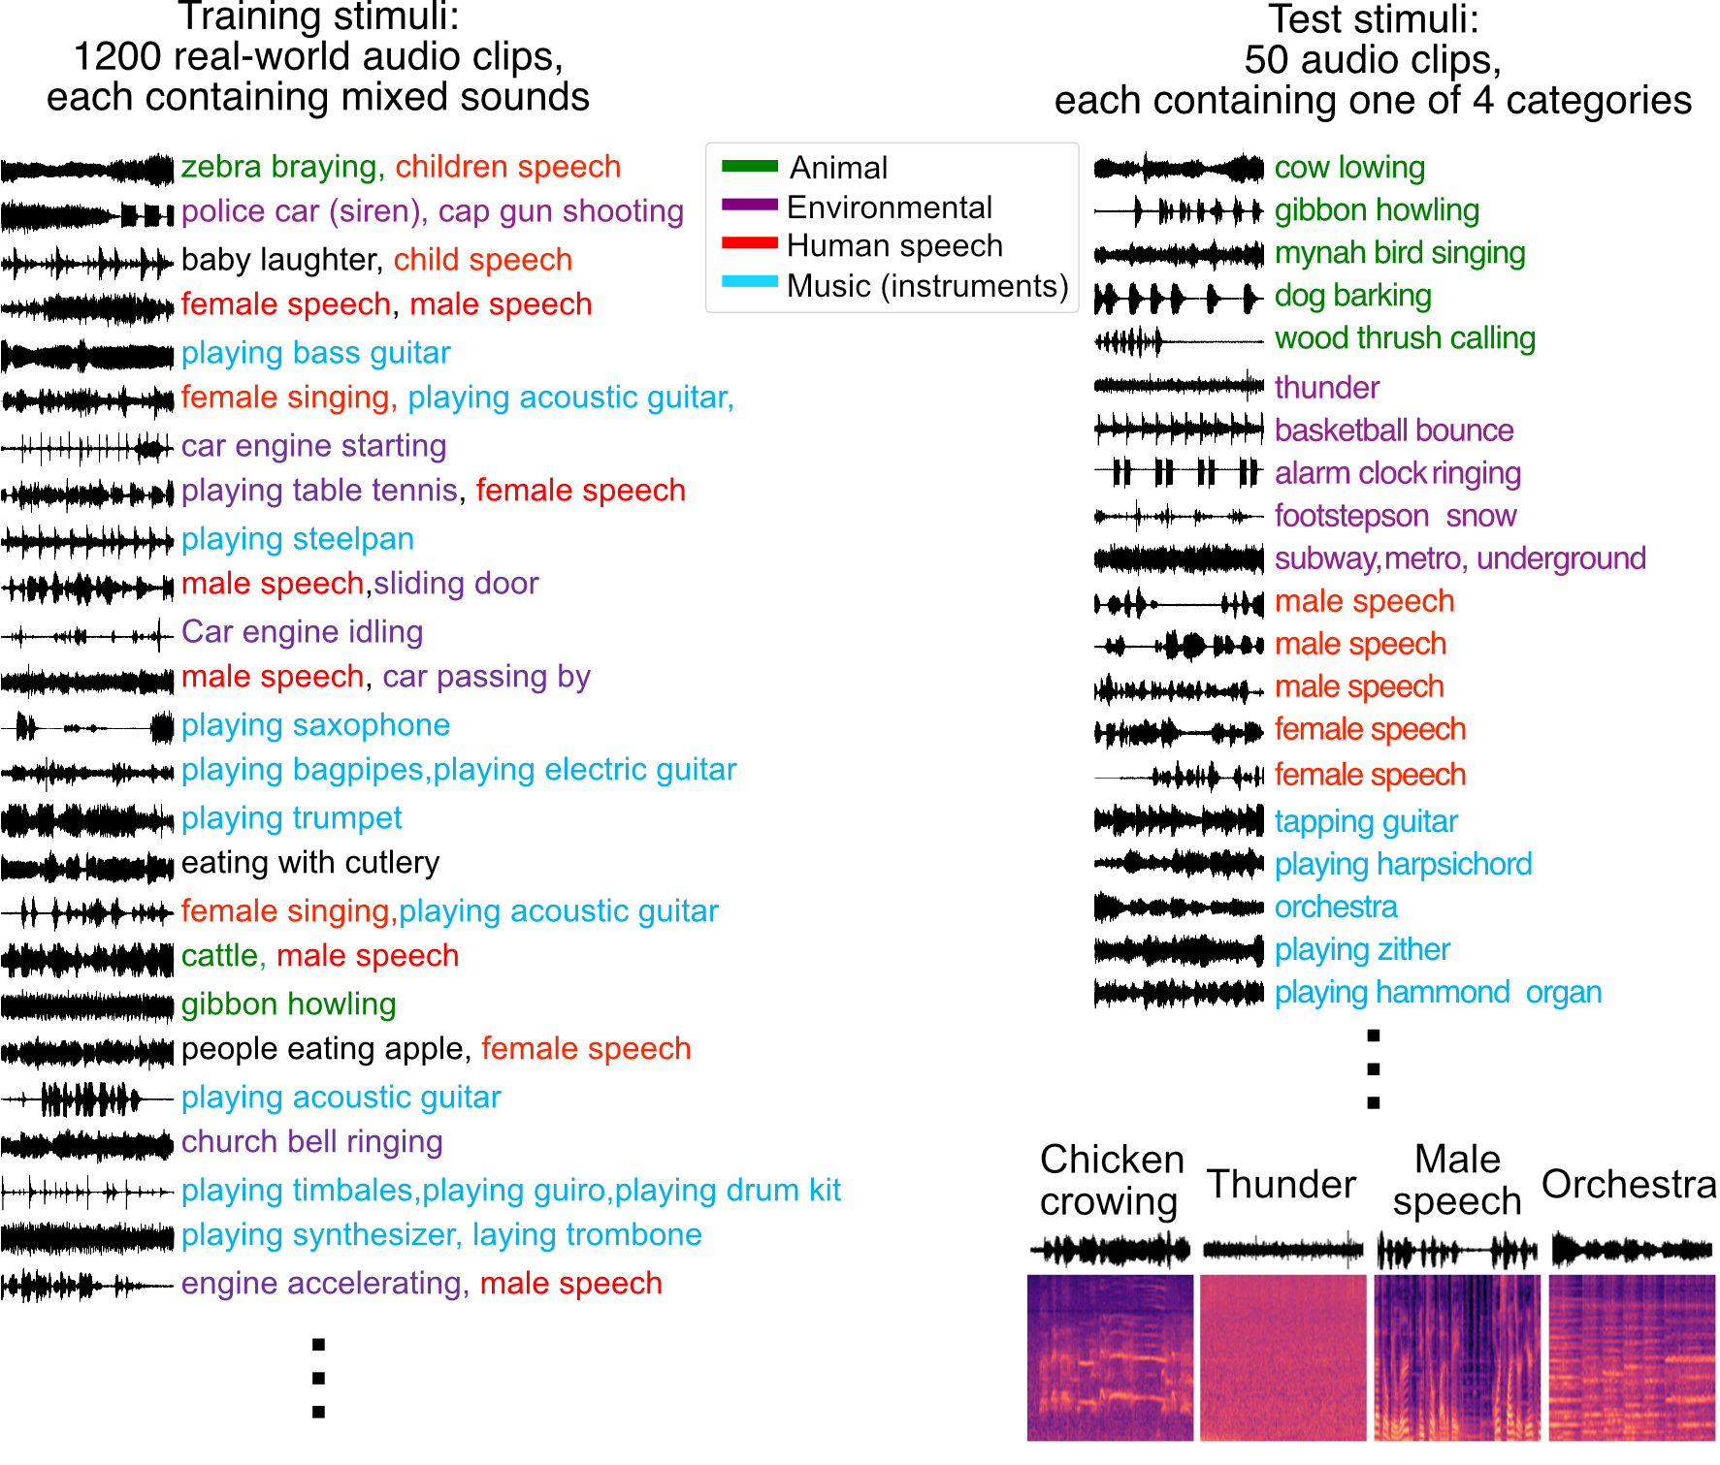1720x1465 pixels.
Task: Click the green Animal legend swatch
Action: pos(749,166)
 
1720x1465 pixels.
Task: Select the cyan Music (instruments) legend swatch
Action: pos(749,282)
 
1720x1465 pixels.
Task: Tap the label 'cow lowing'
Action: pos(1348,168)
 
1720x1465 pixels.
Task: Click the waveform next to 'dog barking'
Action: pos(1178,298)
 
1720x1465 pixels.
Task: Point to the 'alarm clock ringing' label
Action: pos(1397,473)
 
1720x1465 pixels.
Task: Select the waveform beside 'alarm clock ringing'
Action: pos(1178,473)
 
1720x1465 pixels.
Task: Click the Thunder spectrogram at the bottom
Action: pos(1282,1357)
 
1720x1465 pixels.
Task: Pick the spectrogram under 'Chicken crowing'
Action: pos(1110,1357)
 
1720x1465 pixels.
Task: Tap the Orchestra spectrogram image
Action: pos(1632,1357)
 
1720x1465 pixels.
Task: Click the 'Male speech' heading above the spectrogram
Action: pos(1456,1181)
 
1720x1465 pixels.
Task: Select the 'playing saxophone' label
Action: pos(315,725)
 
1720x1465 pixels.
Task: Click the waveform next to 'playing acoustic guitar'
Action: pos(87,1099)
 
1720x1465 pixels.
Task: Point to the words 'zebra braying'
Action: pos(277,167)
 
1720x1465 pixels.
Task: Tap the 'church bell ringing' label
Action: pos(311,1142)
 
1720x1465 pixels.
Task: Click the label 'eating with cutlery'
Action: pos(310,863)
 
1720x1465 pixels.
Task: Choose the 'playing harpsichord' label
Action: pos(1403,864)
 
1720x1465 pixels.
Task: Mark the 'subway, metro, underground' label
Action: pos(1459,558)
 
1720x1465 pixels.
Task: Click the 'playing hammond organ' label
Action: pos(1437,993)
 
